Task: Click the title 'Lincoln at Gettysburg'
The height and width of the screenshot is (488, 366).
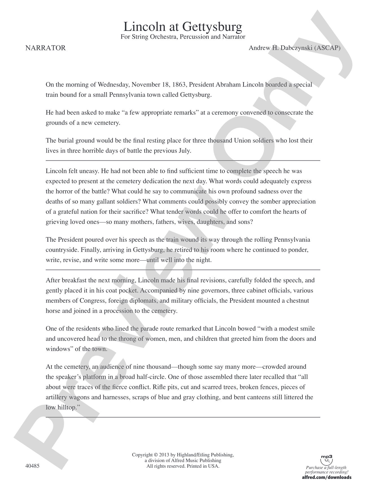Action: pyautogui.click(x=183, y=27)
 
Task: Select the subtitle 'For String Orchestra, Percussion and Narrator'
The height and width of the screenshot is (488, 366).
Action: pyautogui.click(x=183, y=37)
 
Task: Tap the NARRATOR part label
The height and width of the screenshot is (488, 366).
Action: pyautogui.click(x=45, y=48)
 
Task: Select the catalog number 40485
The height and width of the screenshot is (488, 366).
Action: pyautogui.click(x=32, y=466)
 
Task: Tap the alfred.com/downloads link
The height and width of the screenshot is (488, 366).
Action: pyautogui.click(x=327, y=477)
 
